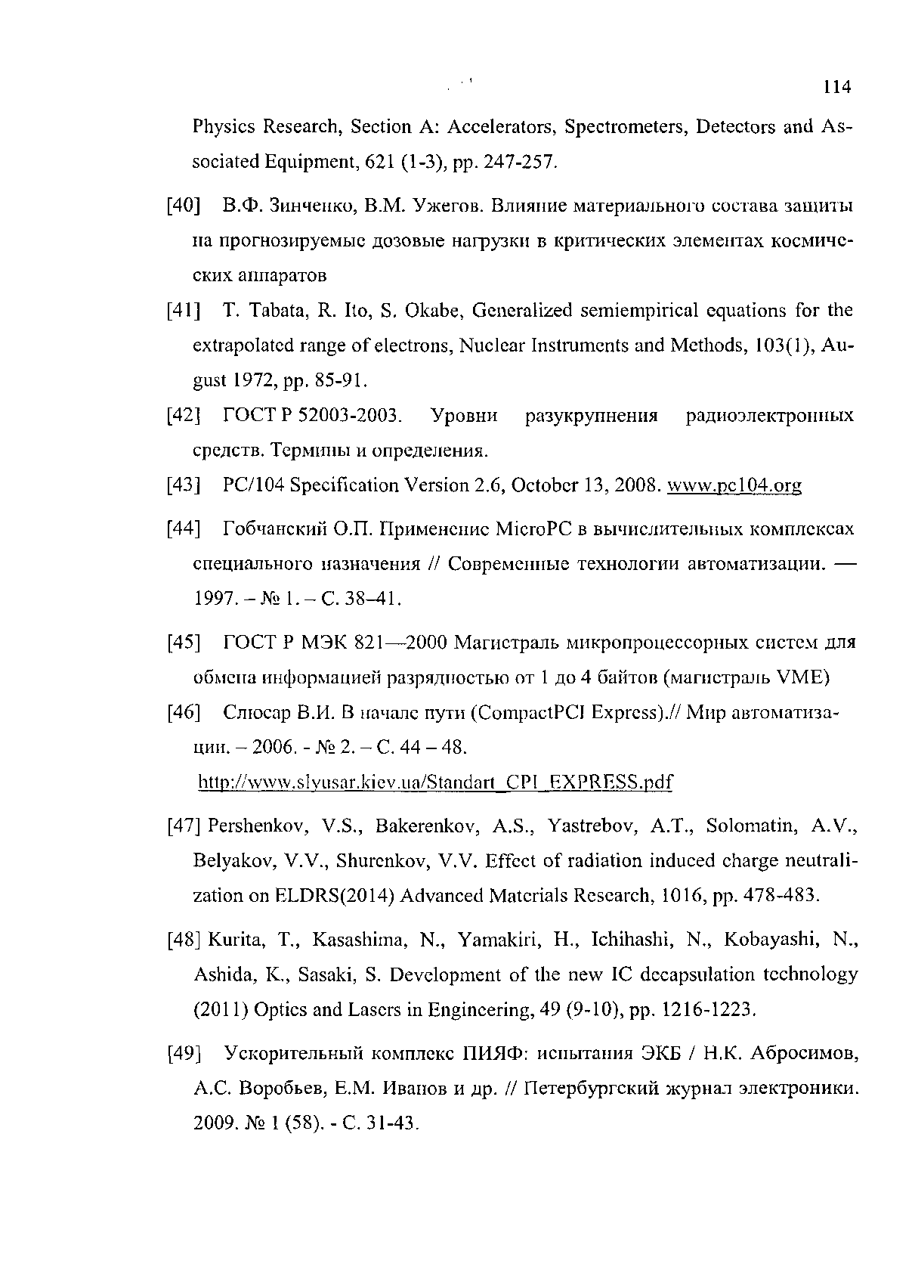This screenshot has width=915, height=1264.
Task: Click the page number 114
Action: (837, 88)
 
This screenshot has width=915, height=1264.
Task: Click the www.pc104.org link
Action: (734, 485)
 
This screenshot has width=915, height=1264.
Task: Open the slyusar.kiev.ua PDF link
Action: (434, 781)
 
